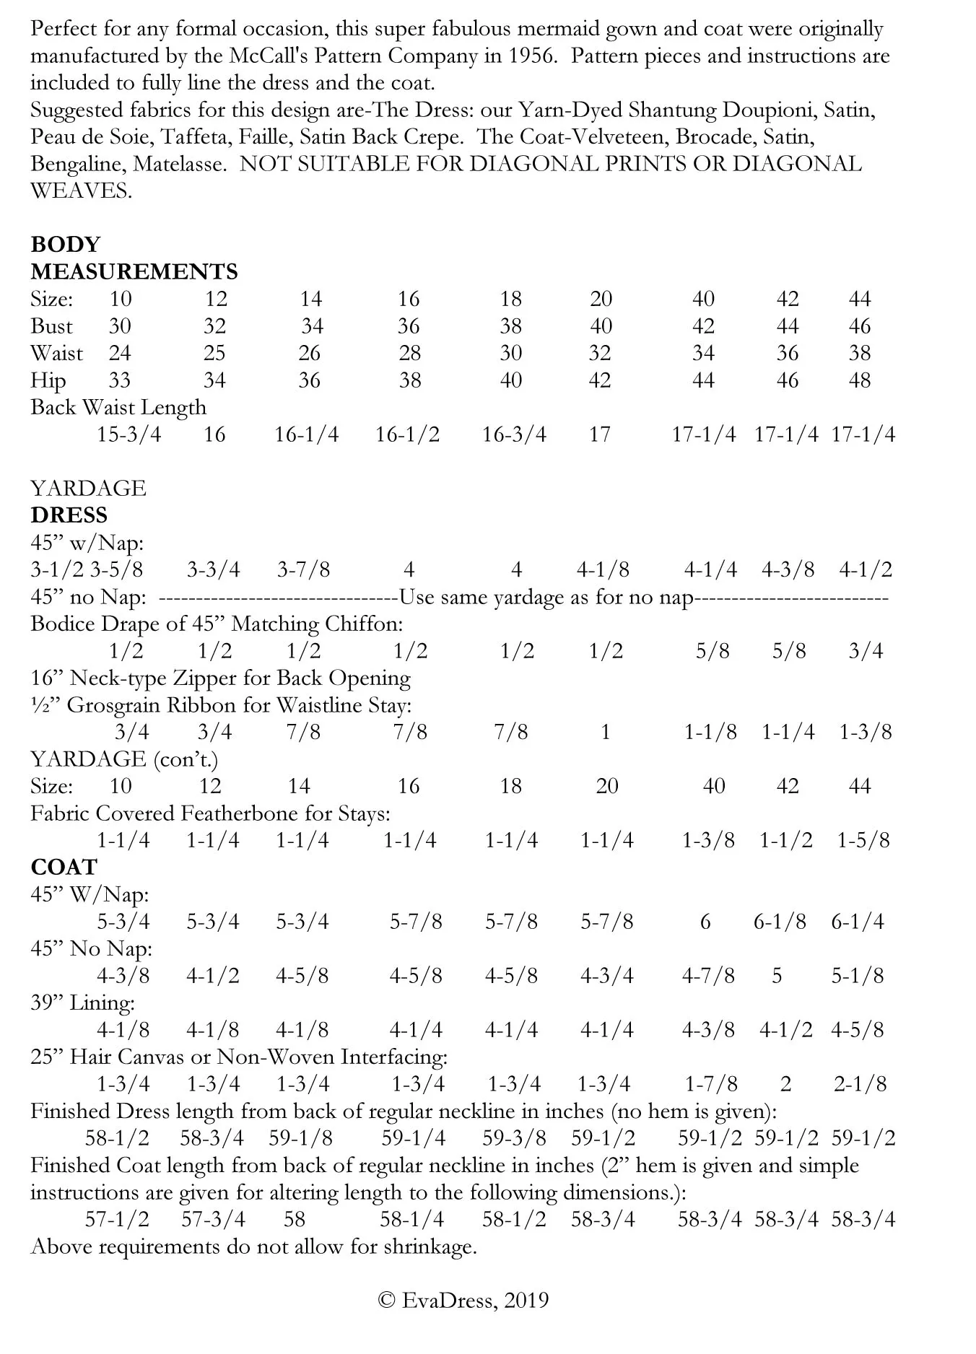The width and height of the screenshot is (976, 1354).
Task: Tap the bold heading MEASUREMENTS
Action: tap(134, 271)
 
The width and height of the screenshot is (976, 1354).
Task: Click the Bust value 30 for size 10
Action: tap(120, 326)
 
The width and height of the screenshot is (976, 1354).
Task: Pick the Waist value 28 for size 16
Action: tap(409, 353)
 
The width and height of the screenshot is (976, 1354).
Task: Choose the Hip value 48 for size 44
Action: tap(859, 380)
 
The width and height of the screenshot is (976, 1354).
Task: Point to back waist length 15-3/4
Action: tap(129, 434)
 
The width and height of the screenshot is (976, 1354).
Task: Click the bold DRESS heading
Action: tap(69, 515)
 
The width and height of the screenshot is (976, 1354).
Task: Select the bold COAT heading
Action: tap(64, 867)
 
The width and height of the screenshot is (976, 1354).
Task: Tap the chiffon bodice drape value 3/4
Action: tap(866, 651)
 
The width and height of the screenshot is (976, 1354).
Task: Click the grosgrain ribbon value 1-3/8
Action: tap(866, 732)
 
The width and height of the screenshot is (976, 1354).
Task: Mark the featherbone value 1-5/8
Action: tap(863, 840)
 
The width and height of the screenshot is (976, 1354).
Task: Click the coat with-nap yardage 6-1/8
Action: tap(780, 922)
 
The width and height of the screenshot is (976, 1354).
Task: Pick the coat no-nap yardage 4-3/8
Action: tap(123, 976)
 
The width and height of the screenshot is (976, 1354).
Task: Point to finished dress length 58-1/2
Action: tap(117, 1138)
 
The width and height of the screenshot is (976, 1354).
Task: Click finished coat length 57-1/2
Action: tap(117, 1220)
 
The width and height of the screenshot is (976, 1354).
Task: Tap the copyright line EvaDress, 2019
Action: tap(463, 1301)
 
